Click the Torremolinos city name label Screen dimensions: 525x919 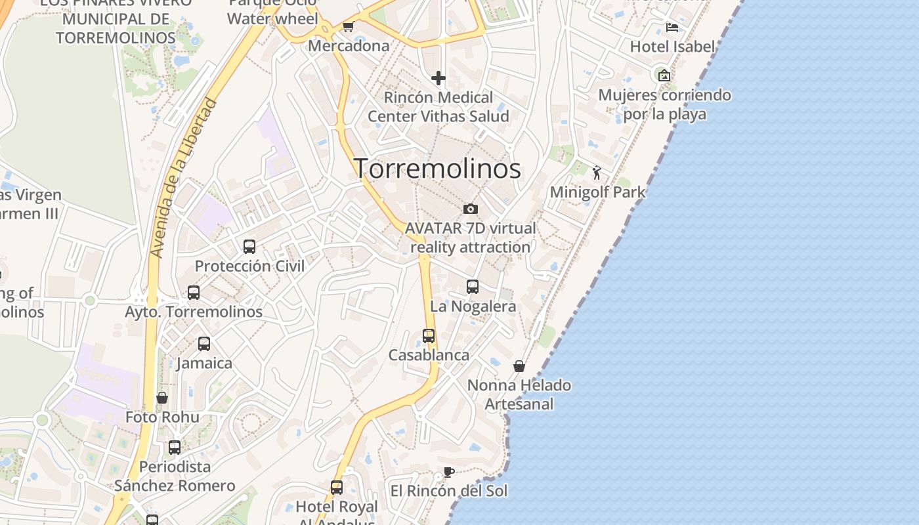[437, 169]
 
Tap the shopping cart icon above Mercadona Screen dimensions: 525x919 [348, 27]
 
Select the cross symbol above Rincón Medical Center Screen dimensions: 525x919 [438, 79]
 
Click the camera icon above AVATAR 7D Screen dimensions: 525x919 [470, 209]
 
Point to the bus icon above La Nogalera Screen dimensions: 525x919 [473, 287]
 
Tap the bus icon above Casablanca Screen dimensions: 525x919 [429, 336]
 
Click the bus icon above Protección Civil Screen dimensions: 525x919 [249, 247]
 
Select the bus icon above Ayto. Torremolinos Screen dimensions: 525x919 [194, 293]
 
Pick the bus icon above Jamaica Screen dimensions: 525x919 [204, 344]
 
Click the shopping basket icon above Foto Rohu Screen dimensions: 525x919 [162, 398]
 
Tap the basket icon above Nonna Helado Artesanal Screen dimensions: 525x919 [519, 366]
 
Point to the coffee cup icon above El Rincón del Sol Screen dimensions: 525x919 [449, 472]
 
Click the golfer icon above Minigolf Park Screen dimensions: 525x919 [597, 173]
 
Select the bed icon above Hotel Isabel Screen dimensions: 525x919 [672, 28]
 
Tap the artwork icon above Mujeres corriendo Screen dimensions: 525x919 [664, 75]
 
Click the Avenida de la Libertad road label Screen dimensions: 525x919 [183, 177]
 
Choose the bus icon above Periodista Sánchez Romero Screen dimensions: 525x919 [175, 448]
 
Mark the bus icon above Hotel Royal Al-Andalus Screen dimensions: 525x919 [337, 488]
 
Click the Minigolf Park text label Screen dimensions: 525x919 [597, 192]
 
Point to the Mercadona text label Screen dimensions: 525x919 [349, 46]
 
